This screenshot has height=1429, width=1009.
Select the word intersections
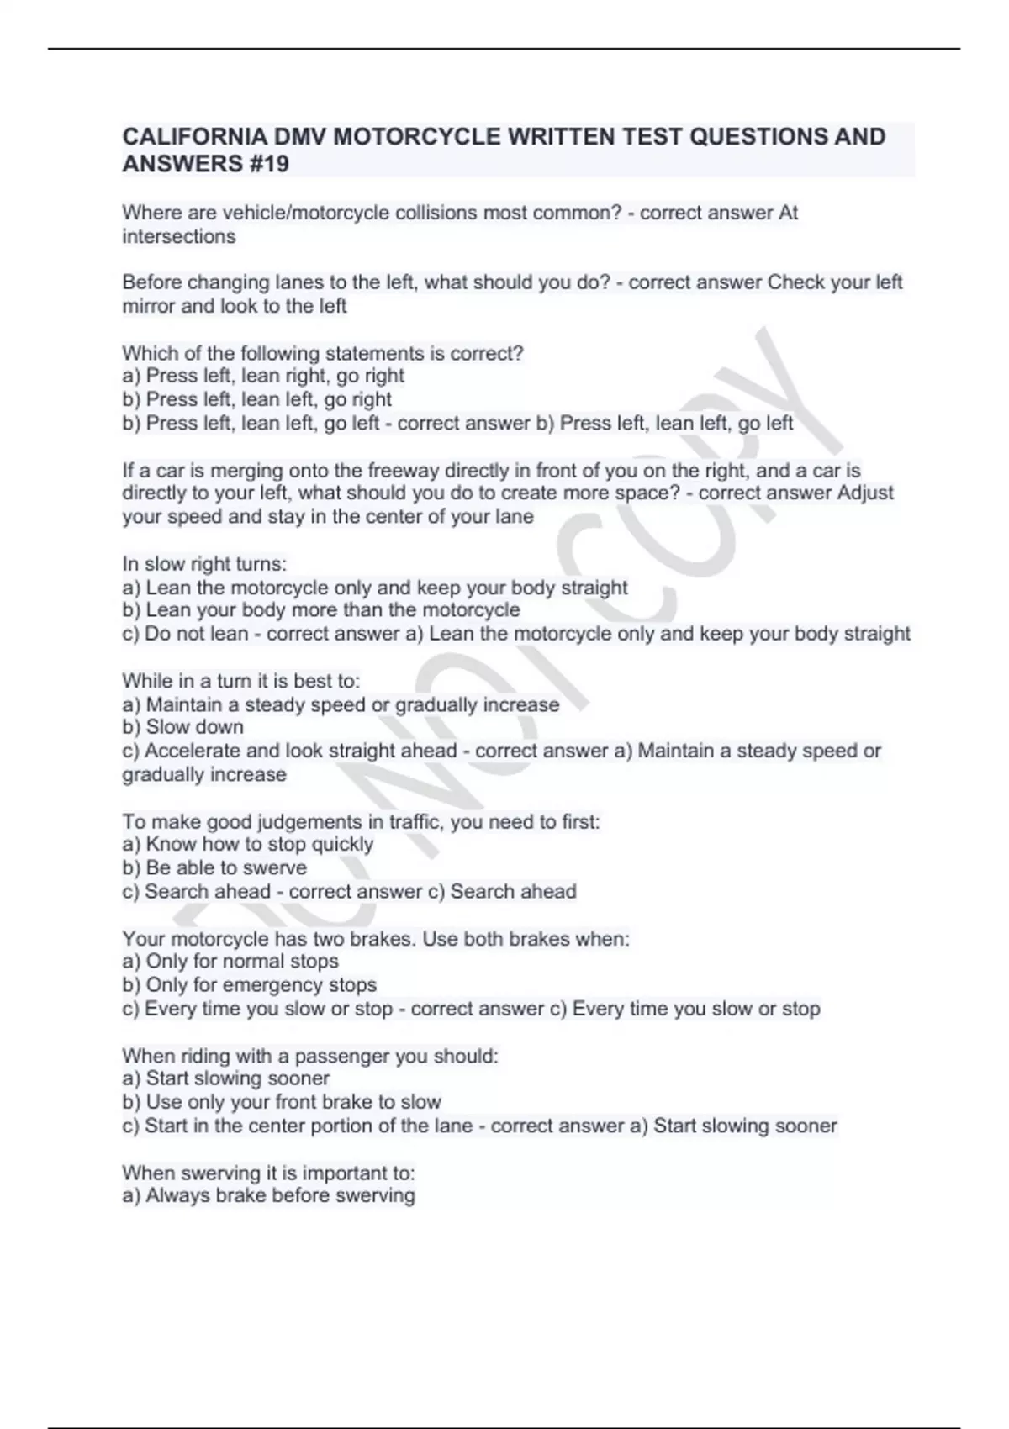(x=179, y=236)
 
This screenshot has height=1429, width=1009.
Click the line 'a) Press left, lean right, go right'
(x=263, y=376)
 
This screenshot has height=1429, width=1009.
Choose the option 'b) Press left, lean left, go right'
(x=257, y=399)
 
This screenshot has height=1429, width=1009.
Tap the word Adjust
(x=865, y=493)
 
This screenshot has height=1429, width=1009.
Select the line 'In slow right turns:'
(x=204, y=563)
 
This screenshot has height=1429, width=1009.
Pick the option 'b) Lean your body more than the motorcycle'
(x=321, y=609)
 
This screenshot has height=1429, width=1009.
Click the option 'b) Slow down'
(x=183, y=727)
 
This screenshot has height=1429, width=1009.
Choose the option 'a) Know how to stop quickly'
(x=248, y=844)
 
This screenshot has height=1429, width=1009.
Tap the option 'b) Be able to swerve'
(x=214, y=867)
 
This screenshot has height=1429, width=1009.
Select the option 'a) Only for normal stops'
(x=230, y=961)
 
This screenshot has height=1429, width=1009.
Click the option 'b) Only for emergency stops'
(x=250, y=984)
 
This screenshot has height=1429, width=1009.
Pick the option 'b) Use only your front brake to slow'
(x=282, y=1101)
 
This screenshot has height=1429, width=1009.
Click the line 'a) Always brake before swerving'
(x=269, y=1195)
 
